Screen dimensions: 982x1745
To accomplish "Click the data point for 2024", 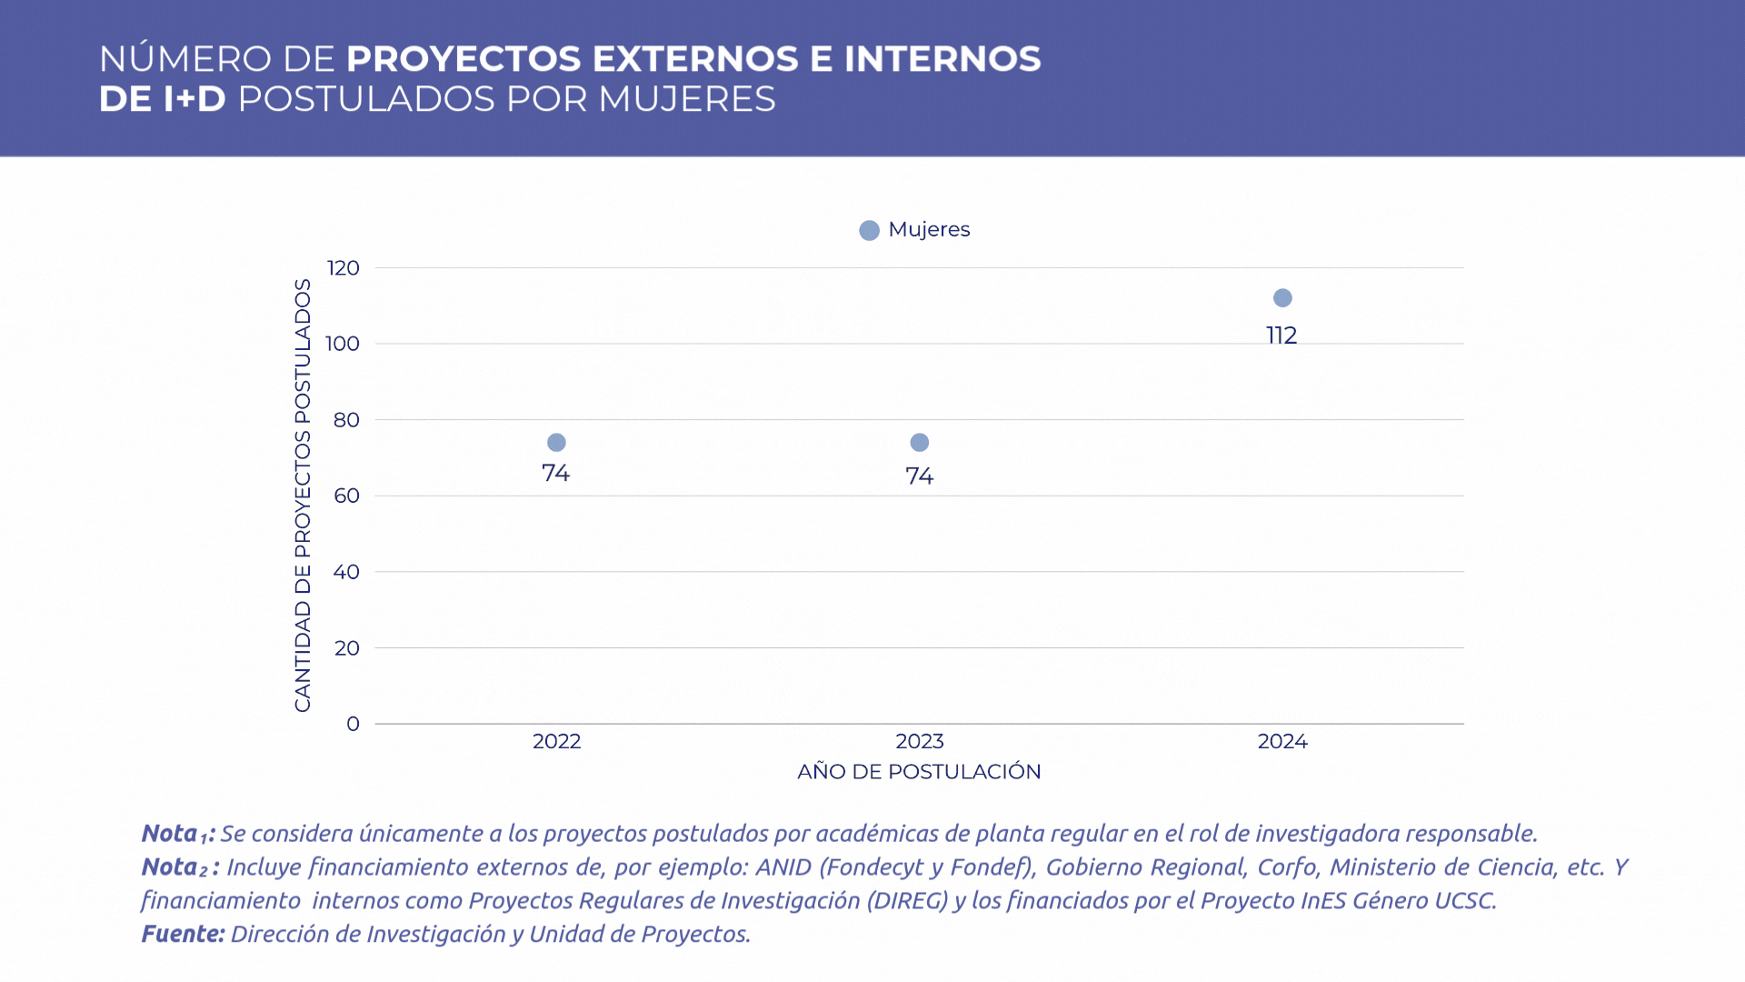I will pos(1282,298).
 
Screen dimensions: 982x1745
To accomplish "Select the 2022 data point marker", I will pos(556,443).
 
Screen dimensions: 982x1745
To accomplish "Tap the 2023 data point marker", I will pos(920,443).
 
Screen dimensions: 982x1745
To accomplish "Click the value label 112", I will pos(1281,336).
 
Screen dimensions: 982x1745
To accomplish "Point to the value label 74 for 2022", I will pos(555,473).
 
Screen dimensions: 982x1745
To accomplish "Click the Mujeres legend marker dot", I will pos(869,230).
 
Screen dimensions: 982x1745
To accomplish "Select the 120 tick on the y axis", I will pos(344,268).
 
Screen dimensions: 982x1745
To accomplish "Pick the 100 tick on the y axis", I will pos(343,344).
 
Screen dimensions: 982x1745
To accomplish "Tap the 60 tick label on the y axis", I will pos(346,496).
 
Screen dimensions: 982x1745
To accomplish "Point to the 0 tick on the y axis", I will pos(353,724).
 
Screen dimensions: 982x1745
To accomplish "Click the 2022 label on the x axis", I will pos(556,741).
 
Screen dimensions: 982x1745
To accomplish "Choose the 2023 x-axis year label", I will pos(920,741).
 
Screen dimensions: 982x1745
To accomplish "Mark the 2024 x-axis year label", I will pos(1282,741).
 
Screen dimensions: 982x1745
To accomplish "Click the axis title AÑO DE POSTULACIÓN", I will pos(919,772).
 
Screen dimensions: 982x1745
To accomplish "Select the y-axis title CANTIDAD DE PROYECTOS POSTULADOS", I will pos(303,496).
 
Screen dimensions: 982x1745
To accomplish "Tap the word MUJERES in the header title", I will pos(686,99).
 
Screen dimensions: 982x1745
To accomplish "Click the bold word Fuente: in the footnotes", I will pos(183,934).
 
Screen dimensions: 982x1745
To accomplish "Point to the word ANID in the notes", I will pos(783,867).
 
